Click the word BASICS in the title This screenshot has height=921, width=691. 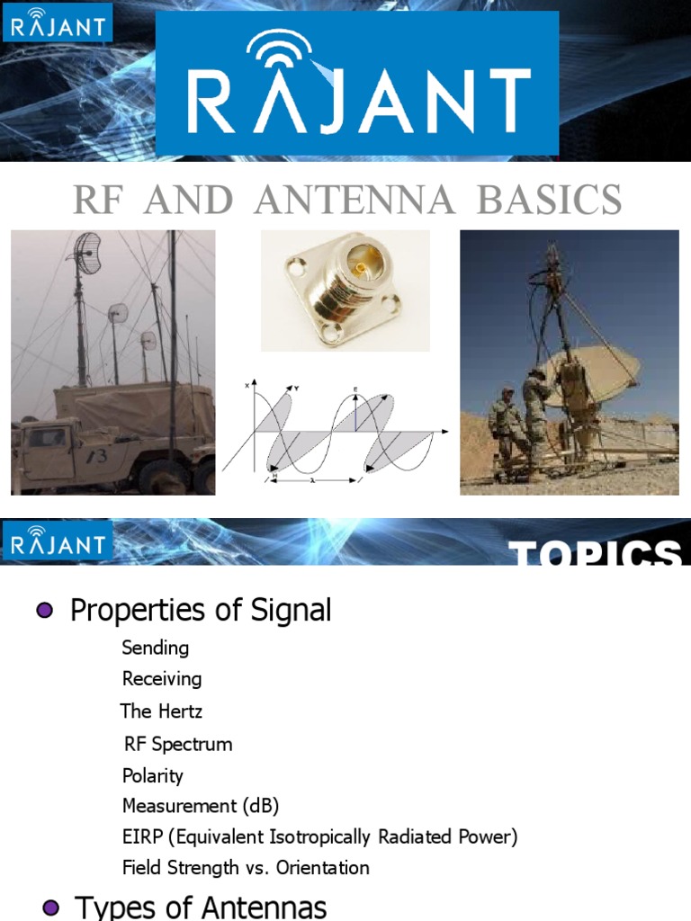[x=550, y=200]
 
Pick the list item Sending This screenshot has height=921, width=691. [x=156, y=648]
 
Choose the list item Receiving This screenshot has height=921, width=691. [x=162, y=679]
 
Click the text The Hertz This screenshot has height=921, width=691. [x=161, y=711]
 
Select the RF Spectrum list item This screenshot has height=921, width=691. [x=178, y=744]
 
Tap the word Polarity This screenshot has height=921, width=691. [x=153, y=775]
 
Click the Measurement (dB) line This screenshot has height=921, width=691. [x=207, y=806]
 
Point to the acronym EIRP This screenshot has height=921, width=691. [x=142, y=837]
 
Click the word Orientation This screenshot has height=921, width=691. [x=324, y=868]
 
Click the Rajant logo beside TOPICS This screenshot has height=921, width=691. [x=57, y=543]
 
